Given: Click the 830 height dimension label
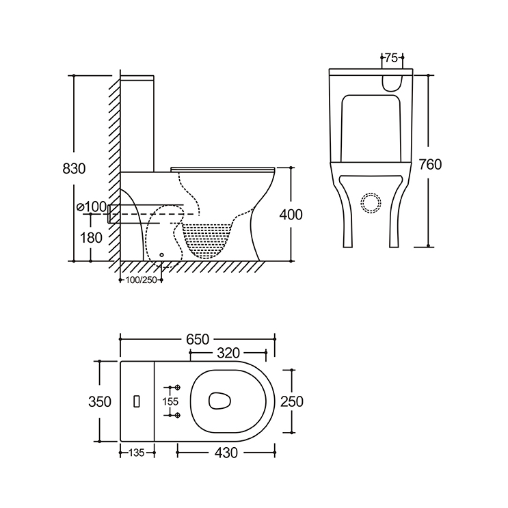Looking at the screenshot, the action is tap(74, 168).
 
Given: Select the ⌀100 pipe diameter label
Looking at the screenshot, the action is tap(92, 206).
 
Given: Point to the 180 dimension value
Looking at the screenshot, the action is tap(91, 238).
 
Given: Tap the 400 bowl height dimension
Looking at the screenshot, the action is tap(291, 215).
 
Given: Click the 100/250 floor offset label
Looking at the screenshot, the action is tap(142, 280).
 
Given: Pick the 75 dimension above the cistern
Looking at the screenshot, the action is tap(391, 58).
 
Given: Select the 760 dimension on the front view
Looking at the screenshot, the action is tap(430, 165).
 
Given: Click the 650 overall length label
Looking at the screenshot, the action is tap(198, 340).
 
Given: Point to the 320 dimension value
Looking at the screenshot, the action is tap(228, 353).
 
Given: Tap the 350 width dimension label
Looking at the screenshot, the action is tap(100, 402).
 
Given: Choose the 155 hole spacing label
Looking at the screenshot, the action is tap(170, 402).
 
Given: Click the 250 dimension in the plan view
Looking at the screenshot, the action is tap(292, 402).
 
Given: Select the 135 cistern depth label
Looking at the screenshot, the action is tap(137, 453).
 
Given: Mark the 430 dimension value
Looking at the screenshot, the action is tap(226, 453).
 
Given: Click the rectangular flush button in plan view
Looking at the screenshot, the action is tap(137, 401).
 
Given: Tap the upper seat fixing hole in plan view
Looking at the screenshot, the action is tap(177, 388).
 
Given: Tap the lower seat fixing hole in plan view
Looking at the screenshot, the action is tap(177, 415).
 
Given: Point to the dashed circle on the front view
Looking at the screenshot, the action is tap(371, 203).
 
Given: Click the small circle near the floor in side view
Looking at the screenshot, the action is tap(161, 255).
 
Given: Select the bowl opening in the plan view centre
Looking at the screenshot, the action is tap(219, 401).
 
